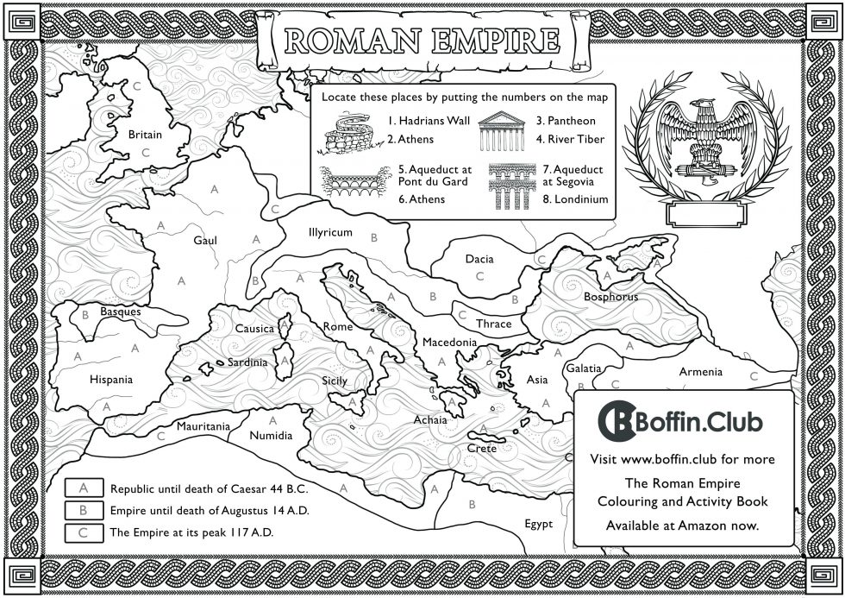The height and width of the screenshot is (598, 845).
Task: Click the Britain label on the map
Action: point(145,135)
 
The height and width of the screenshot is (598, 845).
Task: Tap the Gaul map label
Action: point(205,241)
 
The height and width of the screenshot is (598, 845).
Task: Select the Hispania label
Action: point(111,379)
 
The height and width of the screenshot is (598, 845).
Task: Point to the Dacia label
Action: point(479,258)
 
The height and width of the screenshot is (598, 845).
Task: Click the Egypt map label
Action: point(539,524)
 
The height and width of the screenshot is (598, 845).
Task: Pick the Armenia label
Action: point(700,372)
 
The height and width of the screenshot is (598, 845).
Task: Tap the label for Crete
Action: point(481,449)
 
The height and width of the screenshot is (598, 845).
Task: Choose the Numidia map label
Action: point(271,436)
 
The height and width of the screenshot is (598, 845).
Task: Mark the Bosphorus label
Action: point(610,297)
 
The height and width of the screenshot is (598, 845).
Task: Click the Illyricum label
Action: point(330,233)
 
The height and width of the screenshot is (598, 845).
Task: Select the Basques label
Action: point(121,312)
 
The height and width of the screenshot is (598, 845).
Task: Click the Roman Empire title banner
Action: point(421,40)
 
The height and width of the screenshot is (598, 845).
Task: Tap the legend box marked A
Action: point(84,488)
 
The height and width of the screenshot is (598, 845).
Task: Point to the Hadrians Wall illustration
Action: point(349,130)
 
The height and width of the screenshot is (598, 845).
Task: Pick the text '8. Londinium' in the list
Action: point(575,199)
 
